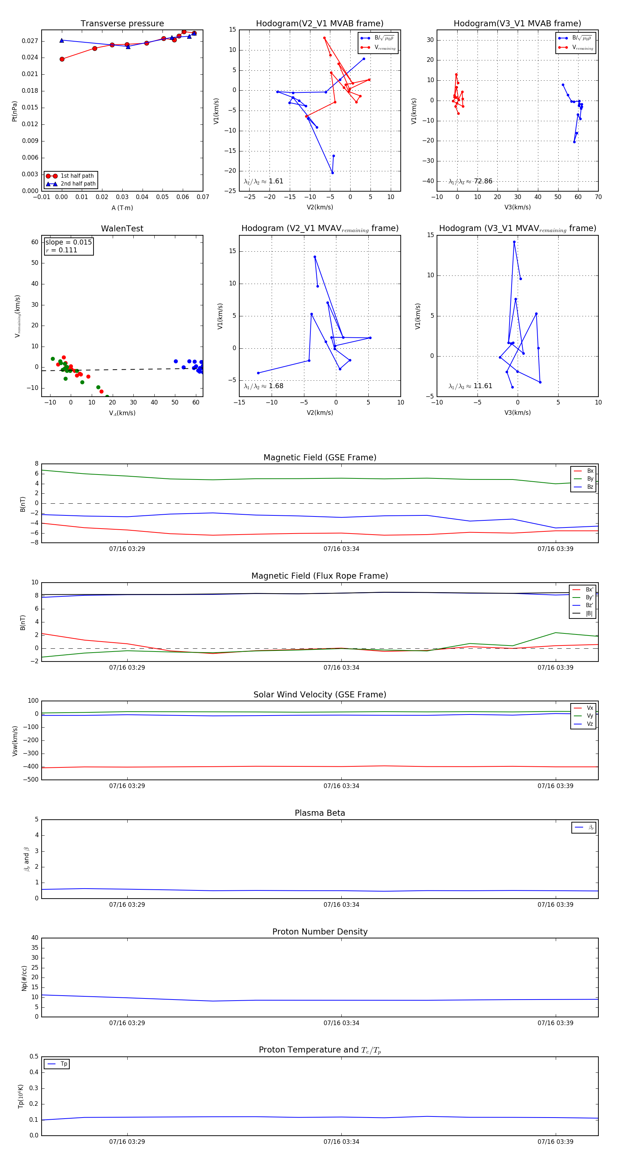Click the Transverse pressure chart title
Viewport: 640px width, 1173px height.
pyautogui.click(x=122, y=24)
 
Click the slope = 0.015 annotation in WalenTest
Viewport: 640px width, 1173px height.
pyautogui.click(x=68, y=242)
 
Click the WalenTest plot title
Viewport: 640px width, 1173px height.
pyautogui.click(x=122, y=229)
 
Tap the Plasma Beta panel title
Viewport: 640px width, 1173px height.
pyautogui.click(x=320, y=813)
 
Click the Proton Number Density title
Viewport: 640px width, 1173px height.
pyautogui.click(x=320, y=932)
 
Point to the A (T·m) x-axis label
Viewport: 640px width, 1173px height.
pyautogui.click(x=122, y=208)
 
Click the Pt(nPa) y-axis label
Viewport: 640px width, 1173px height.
pyautogui.click(x=15, y=111)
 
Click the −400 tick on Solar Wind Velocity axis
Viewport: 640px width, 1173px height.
pyautogui.click(x=31, y=766)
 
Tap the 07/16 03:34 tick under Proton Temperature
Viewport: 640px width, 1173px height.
pyautogui.click(x=341, y=1142)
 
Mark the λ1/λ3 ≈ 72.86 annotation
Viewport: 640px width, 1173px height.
pyautogui.click(x=470, y=181)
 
